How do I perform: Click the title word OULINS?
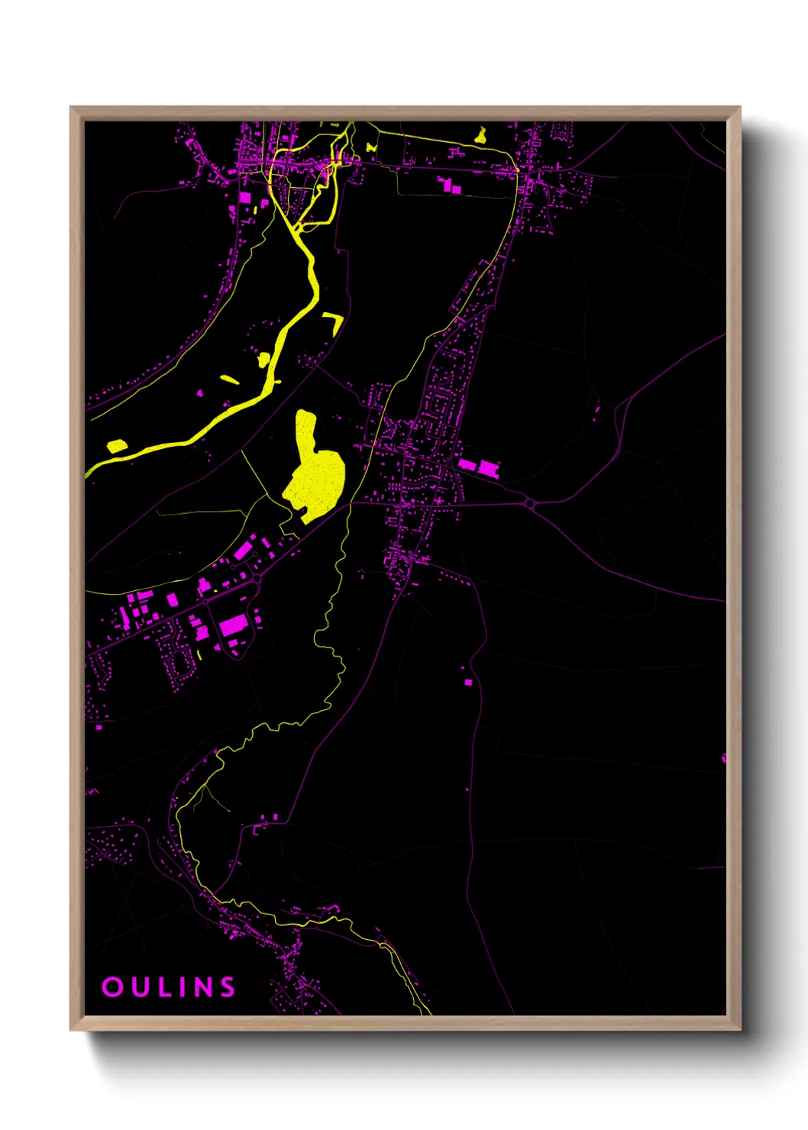(x=169, y=986)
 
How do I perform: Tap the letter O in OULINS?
(x=112, y=986)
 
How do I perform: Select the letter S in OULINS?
(x=227, y=986)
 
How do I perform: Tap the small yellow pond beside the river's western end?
(x=117, y=446)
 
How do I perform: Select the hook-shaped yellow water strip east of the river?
(x=334, y=321)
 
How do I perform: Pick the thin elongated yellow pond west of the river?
(x=230, y=379)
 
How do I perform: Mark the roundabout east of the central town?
(x=529, y=503)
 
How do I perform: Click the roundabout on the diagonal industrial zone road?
(x=257, y=580)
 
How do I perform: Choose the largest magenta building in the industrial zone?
(x=233, y=625)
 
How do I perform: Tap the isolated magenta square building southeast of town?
(x=468, y=682)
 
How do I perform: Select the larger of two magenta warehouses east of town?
(x=489, y=468)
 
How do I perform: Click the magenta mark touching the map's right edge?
(x=723, y=758)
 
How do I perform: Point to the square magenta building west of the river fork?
(x=244, y=197)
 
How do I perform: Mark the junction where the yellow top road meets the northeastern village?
(x=518, y=174)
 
